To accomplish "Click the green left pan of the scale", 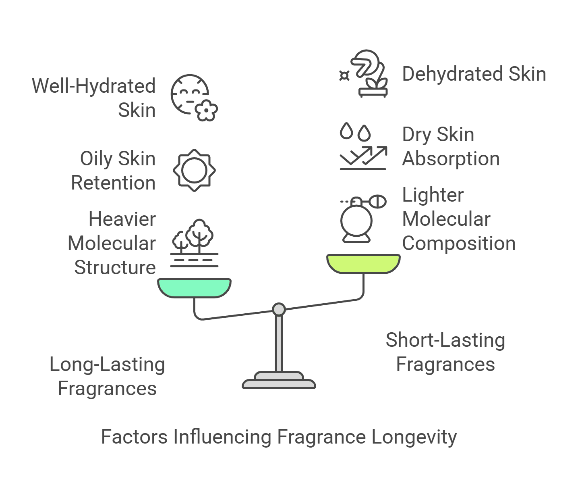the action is (x=194, y=288).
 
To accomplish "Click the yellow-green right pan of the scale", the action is (x=363, y=264).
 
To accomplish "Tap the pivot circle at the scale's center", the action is (x=279, y=309).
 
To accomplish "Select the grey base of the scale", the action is (x=279, y=381).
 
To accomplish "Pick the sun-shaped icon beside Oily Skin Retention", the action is (x=194, y=170).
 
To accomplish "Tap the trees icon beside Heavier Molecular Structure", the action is (x=194, y=243).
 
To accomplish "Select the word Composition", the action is (x=459, y=244).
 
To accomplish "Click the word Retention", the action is (x=113, y=183).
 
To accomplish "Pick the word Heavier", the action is (x=122, y=219).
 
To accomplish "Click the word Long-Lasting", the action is (x=107, y=365).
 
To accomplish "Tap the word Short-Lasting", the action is (x=445, y=340).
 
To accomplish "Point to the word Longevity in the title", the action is (x=414, y=438).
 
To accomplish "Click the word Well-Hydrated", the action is (x=94, y=86).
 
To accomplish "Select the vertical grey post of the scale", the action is (x=279, y=343).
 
